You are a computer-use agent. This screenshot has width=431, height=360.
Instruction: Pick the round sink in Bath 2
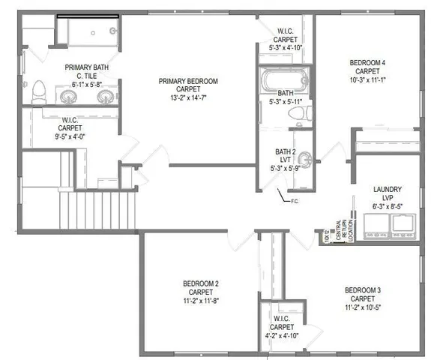click(x=305, y=157)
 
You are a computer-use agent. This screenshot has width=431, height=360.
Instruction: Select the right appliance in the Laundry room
click(x=405, y=223)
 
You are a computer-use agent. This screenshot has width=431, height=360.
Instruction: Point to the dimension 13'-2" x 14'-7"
click(x=193, y=97)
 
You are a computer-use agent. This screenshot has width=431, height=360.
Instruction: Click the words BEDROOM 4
click(x=368, y=63)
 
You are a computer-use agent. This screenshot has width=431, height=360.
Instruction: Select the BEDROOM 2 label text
click(x=200, y=283)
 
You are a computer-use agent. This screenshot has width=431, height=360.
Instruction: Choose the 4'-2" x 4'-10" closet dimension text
click(x=283, y=335)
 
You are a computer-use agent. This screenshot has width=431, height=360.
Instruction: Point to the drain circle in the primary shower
click(x=112, y=31)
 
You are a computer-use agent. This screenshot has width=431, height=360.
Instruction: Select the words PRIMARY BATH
click(x=85, y=67)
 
